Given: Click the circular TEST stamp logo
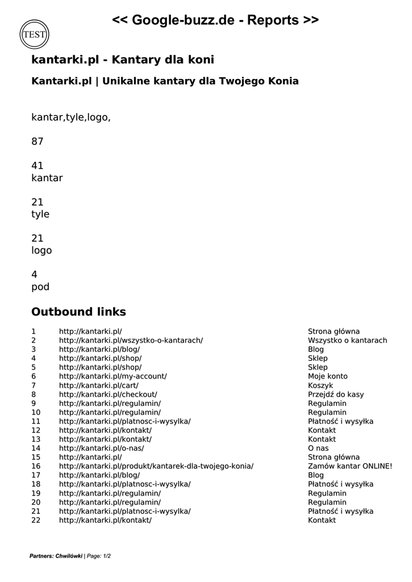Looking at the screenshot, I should [x=34, y=34].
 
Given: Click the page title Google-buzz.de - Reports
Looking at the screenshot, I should [x=215, y=20].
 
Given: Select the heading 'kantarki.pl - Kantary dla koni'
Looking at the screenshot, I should [x=123, y=60].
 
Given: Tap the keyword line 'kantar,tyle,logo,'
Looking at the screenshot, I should [x=71, y=117].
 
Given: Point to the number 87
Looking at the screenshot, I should [x=38, y=142].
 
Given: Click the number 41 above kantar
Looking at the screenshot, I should [x=38, y=166].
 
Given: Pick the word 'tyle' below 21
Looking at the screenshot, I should [x=40, y=214].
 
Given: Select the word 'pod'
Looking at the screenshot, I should [x=40, y=287].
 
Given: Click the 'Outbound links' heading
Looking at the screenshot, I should [x=78, y=312].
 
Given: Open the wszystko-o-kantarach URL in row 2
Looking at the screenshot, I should [x=131, y=340].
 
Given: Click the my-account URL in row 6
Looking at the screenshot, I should [x=113, y=376].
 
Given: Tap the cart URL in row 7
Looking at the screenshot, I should [x=98, y=385].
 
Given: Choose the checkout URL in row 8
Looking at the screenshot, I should [x=108, y=394].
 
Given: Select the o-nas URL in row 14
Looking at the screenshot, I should [x=101, y=448].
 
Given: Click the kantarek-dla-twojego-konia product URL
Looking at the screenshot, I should [x=156, y=466].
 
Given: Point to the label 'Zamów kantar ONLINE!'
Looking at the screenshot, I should [x=350, y=466].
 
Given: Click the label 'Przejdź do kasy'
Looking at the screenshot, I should [x=336, y=394].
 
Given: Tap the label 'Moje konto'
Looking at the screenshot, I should [x=328, y=376].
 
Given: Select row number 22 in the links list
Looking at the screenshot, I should [x=36, y=520].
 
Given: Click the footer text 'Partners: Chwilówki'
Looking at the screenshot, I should [x=56, y=556].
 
